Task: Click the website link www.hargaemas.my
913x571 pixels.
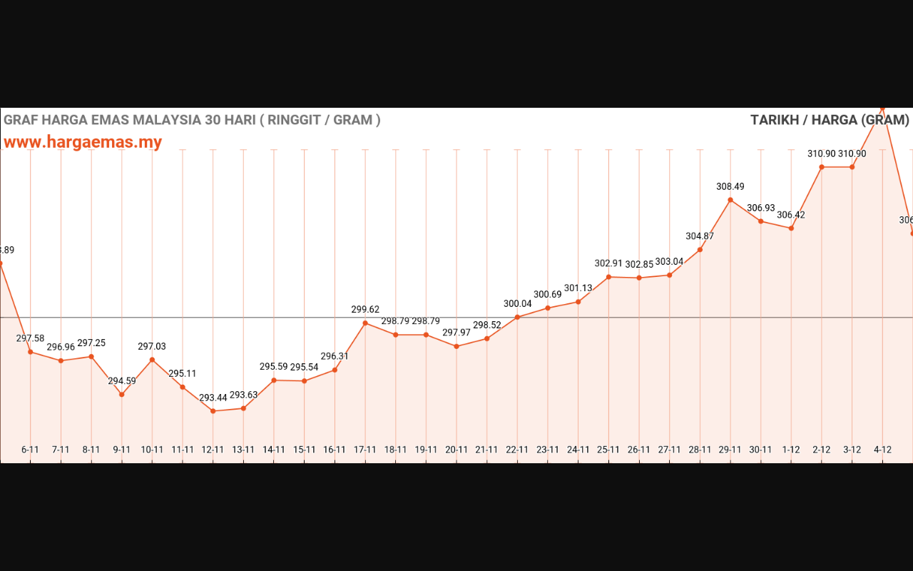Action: (83, 142)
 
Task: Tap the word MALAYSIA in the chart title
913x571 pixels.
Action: (166, 120)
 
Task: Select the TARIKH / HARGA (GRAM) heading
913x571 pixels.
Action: (830, 120)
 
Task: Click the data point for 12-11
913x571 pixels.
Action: (213, 411)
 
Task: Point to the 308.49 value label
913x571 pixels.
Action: (730, 187)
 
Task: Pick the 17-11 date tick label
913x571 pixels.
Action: (365, 450)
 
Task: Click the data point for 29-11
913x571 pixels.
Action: (730, 200)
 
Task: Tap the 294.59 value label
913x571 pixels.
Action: (122, 381)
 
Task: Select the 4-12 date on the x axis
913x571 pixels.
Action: (883, 450)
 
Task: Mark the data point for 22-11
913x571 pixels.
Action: (517, 317)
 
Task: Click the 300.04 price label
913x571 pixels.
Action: (518, 303)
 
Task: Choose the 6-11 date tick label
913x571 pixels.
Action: (31, 450)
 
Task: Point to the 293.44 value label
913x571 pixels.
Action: (213, 398)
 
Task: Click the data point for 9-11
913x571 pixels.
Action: (122, 395)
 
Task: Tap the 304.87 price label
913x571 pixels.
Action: (700, 236)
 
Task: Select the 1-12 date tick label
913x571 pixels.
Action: (791, 450)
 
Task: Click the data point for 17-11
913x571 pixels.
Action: (365, 323)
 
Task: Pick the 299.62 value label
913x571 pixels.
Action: (365, 310)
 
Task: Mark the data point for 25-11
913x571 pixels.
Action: (608, 277)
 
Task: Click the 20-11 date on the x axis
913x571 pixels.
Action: (456, 450)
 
